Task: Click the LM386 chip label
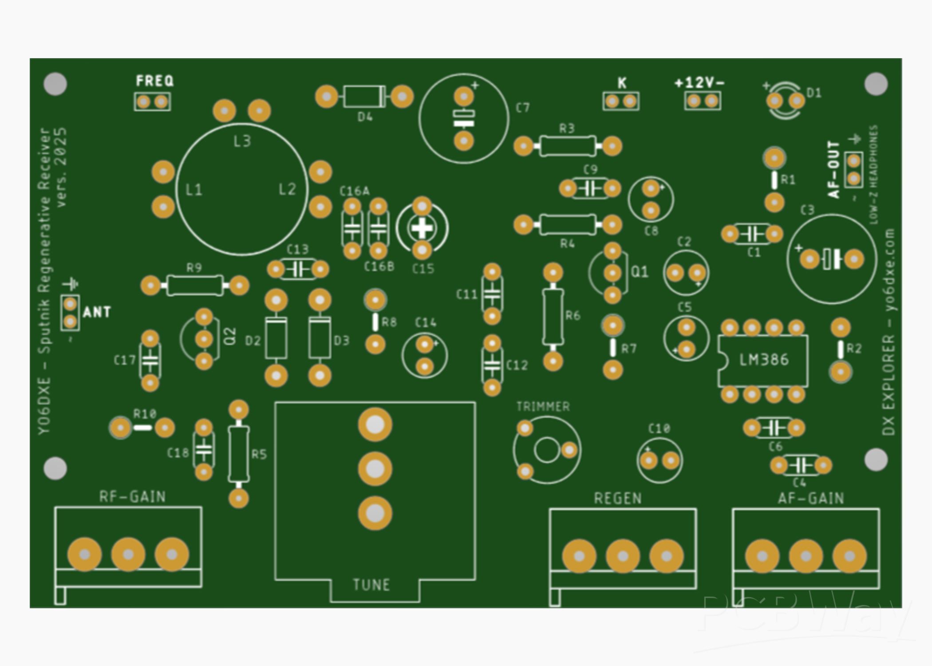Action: point(764,360)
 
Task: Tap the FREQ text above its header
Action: point(154,81)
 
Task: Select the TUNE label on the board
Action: point(371,584)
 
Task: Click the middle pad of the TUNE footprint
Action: point(375,469)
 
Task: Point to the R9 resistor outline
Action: point(194,285)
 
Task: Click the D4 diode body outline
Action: point(364,96)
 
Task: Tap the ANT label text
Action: point(97,312)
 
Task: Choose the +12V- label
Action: point(699,83)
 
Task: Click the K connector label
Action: point(622,83)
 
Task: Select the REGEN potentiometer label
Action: point(618,498)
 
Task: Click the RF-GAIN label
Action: point(132,496)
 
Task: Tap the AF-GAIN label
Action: point(811,498)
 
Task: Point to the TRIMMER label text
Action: point(543,406)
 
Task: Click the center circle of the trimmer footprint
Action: point(547,450)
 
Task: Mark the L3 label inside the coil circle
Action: point(242,141)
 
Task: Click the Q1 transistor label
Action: point(640,272)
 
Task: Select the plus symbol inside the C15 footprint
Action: point(422,228)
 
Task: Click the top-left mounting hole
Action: point(55,84)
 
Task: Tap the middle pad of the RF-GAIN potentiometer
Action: point(128,555)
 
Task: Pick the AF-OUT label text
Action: point(833,170)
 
